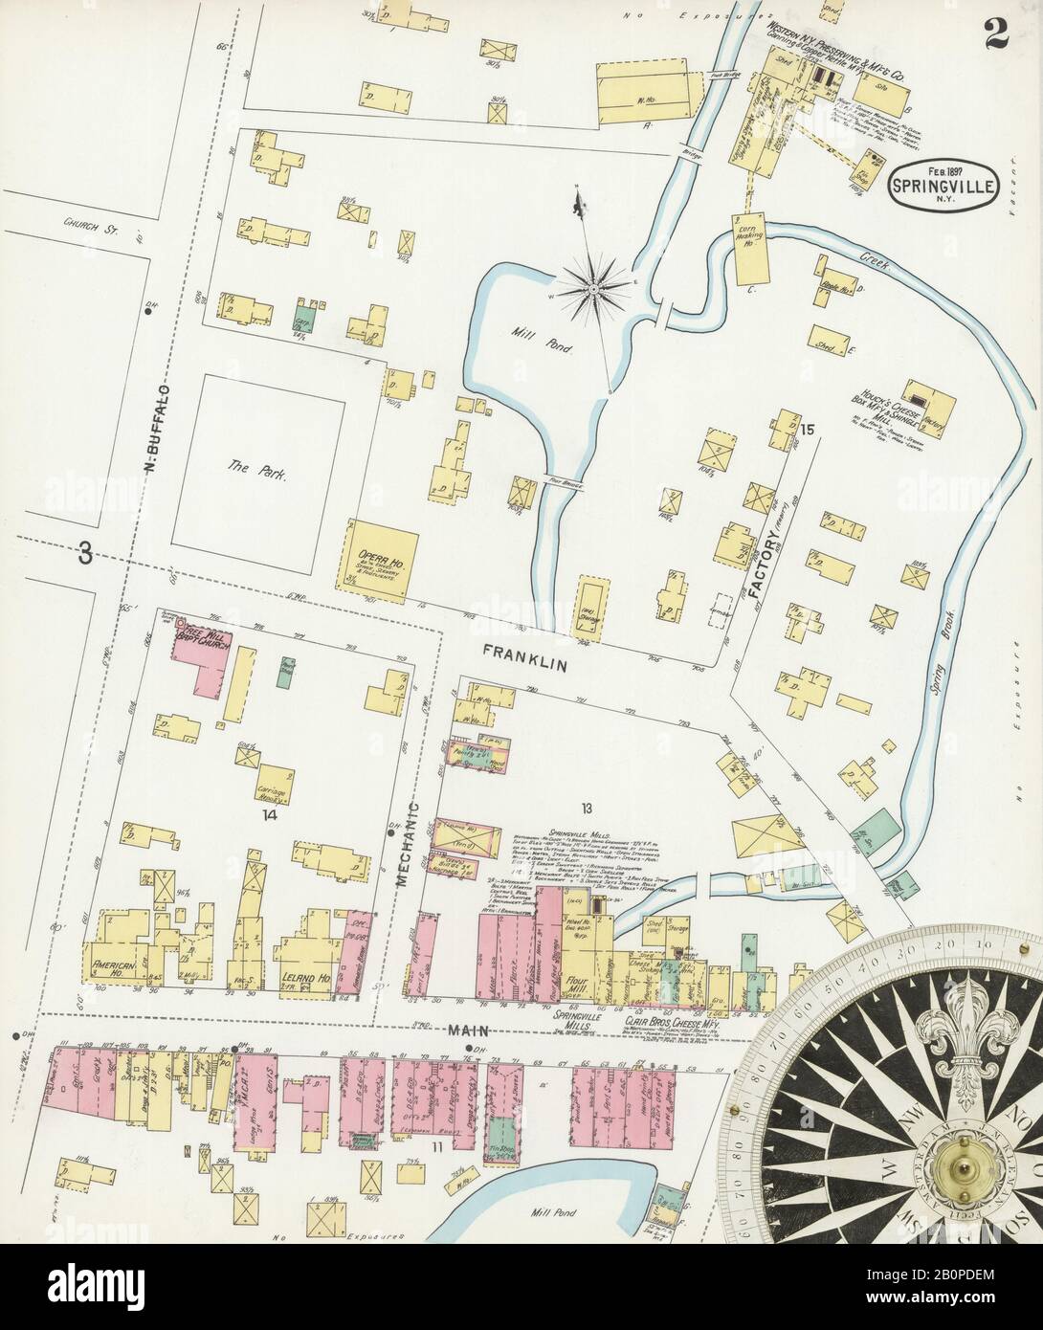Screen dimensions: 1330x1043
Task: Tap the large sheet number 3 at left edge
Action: click(87, 554)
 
